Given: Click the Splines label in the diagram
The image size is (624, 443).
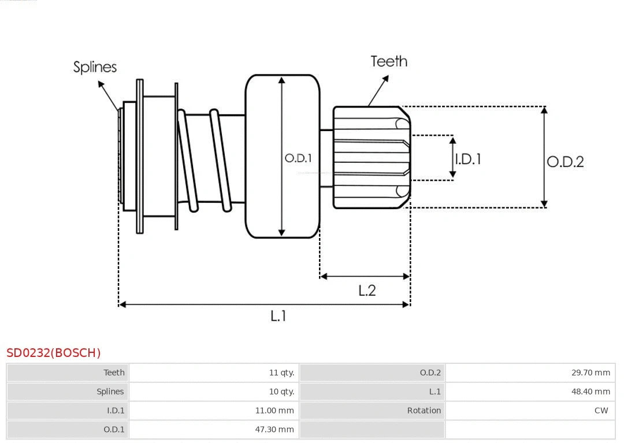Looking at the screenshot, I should click(x=95, y=67).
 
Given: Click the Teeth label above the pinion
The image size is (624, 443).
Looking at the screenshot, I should click(x=389, y=61).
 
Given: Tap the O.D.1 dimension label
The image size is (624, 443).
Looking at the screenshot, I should click(x=298, y=158).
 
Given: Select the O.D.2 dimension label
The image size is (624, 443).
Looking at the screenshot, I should click(x=565, y=162).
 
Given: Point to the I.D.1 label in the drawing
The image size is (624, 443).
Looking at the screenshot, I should click(x=468, y=159).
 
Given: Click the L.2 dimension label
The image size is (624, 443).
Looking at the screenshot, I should click(x=367, y=290).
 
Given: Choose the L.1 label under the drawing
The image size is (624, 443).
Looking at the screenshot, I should click(x=278, y=316).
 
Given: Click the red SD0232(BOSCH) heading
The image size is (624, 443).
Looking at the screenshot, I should click(x=54, y=353).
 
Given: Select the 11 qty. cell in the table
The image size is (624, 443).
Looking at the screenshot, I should click(x=281, y=373).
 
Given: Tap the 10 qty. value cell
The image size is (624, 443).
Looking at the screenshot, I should click(x=281, y=392).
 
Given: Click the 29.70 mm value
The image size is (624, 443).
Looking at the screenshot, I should click(x=590, y=373).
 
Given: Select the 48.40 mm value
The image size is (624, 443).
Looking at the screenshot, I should click(x=590, y=392).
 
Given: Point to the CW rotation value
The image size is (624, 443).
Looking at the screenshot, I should click(x=601, y=411).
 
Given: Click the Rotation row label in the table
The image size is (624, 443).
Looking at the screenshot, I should click(x=424, y=411).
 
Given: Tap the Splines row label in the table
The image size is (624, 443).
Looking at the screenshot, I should click(x=110, y=392).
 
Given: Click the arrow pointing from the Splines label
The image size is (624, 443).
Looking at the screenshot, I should click(x=109, y=95).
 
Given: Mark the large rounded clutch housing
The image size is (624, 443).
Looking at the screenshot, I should click(x=283, y=156).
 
